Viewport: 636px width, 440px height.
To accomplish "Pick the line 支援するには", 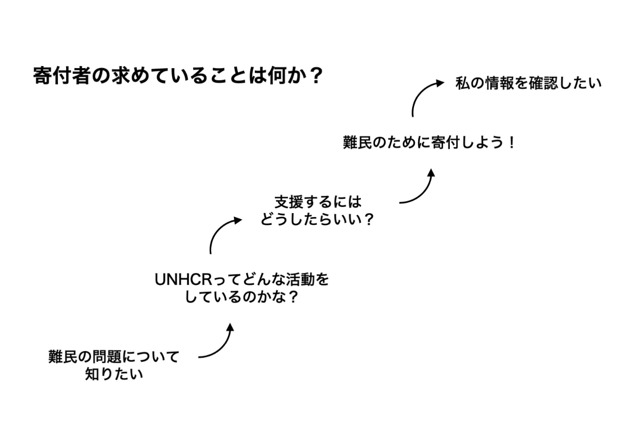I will coord(317,202).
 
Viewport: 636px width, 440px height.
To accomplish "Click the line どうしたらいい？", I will coord(317,220).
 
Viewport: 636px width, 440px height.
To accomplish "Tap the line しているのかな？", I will coord(242,298).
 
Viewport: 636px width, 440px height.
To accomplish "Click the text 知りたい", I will coord(114,375).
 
